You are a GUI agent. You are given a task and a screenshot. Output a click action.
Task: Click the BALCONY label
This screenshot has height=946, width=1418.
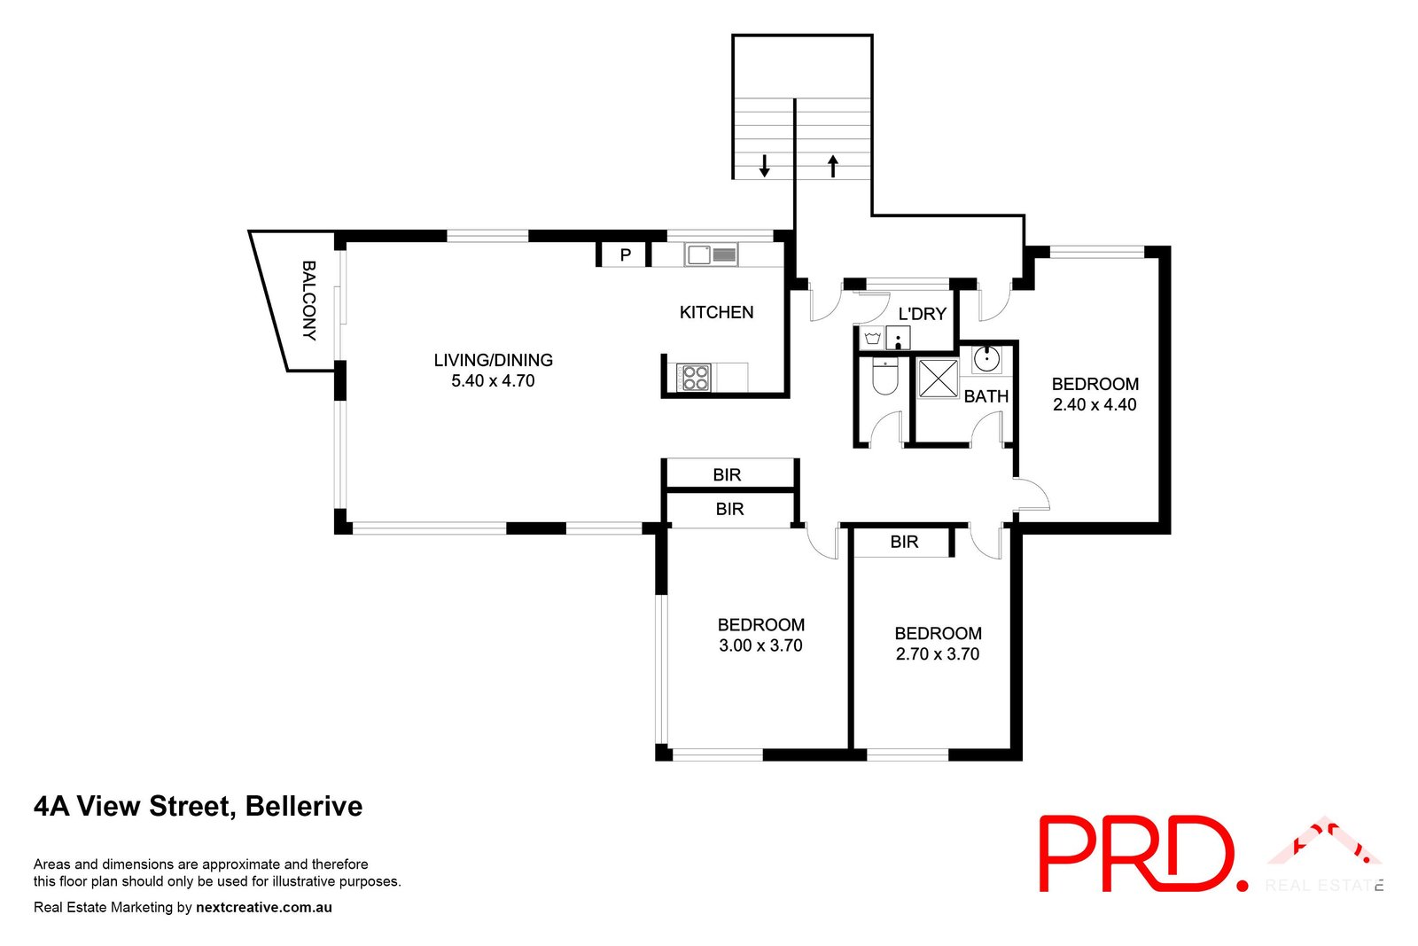click(308, 300)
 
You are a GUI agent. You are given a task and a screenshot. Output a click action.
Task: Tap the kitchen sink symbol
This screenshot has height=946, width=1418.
click(711, 254)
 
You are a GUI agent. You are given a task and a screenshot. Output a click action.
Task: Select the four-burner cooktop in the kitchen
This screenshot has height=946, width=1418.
click(694, 377)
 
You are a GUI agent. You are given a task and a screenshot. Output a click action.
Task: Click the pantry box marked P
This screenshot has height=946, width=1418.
click(626, 255)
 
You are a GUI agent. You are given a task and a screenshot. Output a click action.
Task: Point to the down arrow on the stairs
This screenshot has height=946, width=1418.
click(764, 165)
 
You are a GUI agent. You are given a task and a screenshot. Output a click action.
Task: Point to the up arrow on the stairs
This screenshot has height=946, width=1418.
click(833, 165)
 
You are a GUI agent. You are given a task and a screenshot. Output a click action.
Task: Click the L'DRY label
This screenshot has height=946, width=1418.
click(922, 314)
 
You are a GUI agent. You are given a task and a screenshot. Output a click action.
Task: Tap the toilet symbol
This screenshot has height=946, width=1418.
click(884, 376)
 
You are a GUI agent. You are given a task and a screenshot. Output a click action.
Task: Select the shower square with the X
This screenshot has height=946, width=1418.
click(938, 378)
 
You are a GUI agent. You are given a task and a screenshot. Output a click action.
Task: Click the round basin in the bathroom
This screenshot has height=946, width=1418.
click(986, 359)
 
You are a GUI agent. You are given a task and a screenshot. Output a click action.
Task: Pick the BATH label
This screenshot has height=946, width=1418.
click(986, 396)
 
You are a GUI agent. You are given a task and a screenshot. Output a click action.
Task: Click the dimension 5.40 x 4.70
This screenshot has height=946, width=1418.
click(493, 381)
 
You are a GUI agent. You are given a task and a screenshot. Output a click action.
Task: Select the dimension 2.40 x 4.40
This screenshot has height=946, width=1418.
click(1095, 405)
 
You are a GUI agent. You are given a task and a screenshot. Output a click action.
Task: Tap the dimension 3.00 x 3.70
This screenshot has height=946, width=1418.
click(760, 646)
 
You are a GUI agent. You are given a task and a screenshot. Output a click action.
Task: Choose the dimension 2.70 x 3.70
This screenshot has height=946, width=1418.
click(938, 654)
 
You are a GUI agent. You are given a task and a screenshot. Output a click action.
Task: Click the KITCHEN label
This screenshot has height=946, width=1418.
click(716, 312)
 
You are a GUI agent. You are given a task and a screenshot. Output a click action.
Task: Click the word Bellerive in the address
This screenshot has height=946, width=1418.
click(304, 806)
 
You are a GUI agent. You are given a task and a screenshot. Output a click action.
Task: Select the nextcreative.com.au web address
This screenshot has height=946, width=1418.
click(264, 907)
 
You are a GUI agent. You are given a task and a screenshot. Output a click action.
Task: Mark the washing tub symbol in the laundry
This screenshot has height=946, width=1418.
click(872, 339)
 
